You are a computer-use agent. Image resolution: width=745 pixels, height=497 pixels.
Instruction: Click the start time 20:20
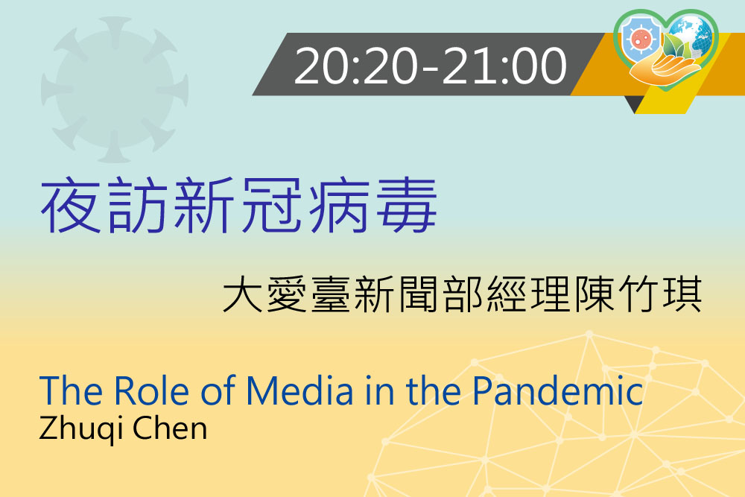(x=356, y=66)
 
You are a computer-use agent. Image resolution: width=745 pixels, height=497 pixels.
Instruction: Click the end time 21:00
(x=504, y=66)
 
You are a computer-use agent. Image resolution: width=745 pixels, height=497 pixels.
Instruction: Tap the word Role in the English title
(x=152, y=391)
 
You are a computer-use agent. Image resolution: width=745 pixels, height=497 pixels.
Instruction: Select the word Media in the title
(x=299, y=391)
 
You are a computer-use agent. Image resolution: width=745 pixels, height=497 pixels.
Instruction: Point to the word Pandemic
(x=558, y=391)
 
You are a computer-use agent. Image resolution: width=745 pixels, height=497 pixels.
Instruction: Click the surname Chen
(x=170, y=428)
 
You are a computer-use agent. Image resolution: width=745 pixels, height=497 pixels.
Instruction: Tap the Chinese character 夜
(x=70, y=205)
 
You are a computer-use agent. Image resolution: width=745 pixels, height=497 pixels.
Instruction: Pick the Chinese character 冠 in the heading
(x=271, y=205)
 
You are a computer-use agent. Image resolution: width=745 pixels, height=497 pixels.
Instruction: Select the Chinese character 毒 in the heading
(x=407, y=205)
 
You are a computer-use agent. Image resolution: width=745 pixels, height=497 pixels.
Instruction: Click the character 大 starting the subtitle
(x=243, y=294)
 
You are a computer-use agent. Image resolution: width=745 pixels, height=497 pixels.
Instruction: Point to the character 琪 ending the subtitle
(x=683, y=294)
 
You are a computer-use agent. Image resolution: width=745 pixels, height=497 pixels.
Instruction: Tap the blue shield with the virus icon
(x=641, y=40)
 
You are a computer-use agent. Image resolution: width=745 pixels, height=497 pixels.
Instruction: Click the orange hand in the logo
(x=665, y=72)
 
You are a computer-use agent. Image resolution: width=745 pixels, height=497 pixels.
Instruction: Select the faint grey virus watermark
(x=115, y=90)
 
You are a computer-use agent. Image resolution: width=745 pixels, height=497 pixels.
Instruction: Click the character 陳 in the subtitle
(x=595, y=294)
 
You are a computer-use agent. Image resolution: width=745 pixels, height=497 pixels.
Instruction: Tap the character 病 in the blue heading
(x=339, y=205)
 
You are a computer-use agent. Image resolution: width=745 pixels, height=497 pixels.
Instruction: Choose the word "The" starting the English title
(x=71, y=391)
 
